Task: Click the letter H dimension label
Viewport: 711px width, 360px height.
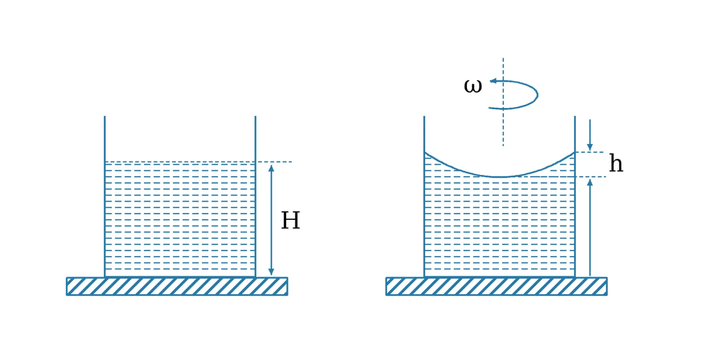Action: coord(291,220)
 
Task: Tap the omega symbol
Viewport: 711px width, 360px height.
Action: coord(473,86)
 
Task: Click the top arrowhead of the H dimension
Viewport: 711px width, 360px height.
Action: coord(271,168)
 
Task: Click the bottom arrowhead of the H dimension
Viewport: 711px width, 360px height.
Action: coord(271,272)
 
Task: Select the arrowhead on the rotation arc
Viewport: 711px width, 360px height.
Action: coord(493,81)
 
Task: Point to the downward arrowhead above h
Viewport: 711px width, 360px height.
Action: coord(590,147)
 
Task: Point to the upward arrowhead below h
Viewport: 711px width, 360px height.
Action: coord(590,183)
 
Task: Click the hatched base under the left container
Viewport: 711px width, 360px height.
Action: coord(177,286)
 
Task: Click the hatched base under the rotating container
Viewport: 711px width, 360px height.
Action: coord(496,286)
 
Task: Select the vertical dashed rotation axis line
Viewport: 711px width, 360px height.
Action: coord(503,102)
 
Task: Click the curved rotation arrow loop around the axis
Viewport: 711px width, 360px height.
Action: coord(537,95)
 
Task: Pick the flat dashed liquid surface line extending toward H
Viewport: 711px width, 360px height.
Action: coord(198,162)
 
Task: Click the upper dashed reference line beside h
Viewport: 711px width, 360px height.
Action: coord(589,152)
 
